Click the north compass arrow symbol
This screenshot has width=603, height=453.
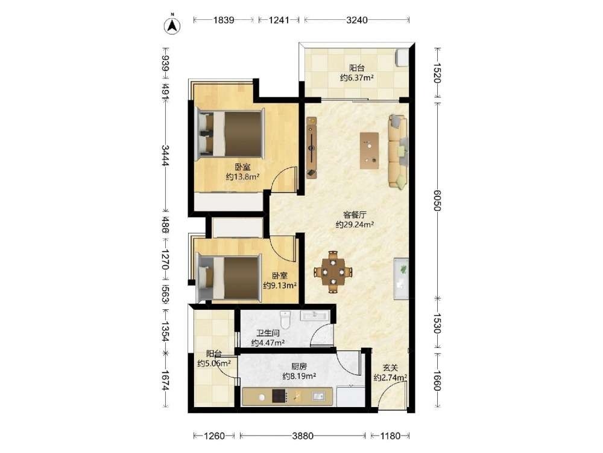[x=172, y=25]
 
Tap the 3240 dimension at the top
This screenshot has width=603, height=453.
[x=357, y=20]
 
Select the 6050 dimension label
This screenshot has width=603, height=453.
[x=437, y=201]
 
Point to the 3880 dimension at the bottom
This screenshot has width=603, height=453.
[x=303, y=436]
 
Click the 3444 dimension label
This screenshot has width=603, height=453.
[x=165, y=155]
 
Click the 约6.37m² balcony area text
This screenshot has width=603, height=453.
[x=357, y=78]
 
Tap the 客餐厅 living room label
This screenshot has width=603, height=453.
[x=355, y=215]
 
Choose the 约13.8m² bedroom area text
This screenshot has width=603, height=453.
[x=242, y=177]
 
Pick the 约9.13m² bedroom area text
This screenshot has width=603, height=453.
[x=280, y=286]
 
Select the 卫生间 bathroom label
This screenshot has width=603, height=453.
[x=268, y=333]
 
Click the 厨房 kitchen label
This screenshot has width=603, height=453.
[x=299, y=367]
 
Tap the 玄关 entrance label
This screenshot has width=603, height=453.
[x=390, y=368]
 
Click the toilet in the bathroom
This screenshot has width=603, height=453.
[x=285, y=318]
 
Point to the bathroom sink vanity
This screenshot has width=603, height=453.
[x=315, y=315]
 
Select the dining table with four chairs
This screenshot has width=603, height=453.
[x=333, y=272]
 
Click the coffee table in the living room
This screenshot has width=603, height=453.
[x=369, y=150]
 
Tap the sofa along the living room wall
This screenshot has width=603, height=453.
[x=398, y=151]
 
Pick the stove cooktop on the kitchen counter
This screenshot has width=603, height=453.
[x=279, y=396]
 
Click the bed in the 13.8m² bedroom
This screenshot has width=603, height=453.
[x=230, y=134]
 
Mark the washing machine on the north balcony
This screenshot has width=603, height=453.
[x=402, y=57]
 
